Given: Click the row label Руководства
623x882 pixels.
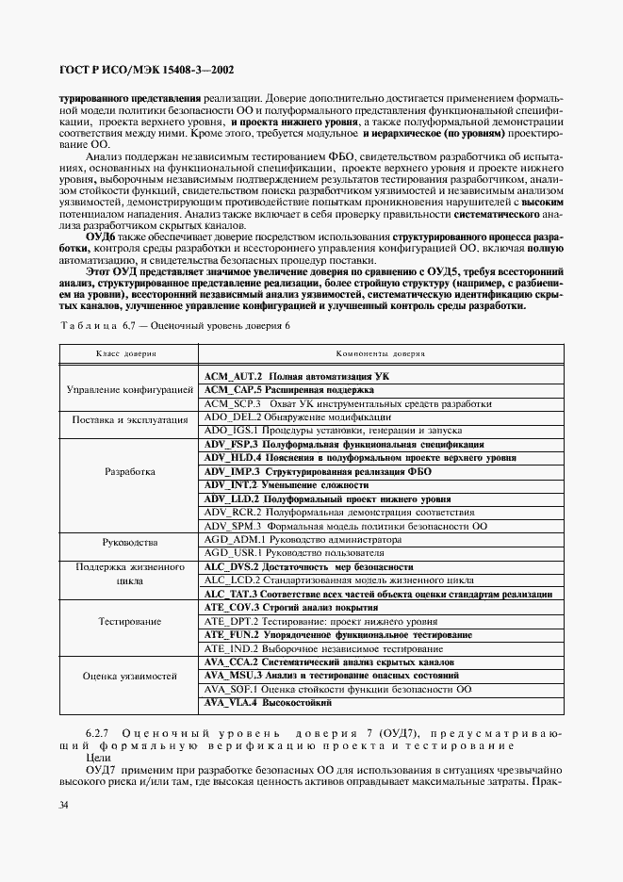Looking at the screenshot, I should click(129, 543).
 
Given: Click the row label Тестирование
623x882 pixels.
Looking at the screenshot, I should click(129, 622).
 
